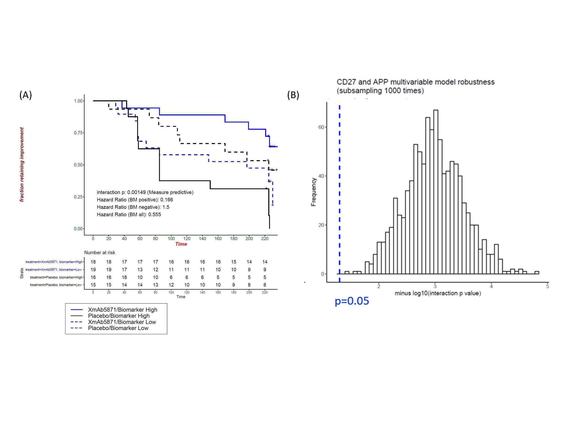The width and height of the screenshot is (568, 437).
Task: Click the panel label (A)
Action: [x=26, y=95]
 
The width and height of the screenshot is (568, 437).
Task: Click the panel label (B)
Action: [x=293, y=95]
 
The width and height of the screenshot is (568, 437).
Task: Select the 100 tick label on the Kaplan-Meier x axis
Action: [x=171, y=239]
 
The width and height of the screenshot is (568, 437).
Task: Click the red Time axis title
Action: [x=181, y=244]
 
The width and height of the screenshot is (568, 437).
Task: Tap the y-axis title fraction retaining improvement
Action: [x=22, y=164]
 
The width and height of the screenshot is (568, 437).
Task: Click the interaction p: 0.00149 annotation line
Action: [x=145, y=192]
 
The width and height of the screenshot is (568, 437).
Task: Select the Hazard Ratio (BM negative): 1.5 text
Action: [x=133, y=207]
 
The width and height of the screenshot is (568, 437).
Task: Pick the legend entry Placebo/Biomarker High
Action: [x=119, y=316]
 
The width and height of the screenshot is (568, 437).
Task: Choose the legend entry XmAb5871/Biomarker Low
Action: [x=122, y=322]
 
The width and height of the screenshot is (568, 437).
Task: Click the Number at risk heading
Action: [x=100, y=253]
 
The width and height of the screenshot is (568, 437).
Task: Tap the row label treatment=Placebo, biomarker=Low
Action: [x=56, y=285]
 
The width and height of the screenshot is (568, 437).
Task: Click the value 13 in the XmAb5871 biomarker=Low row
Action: [x=140, y=270]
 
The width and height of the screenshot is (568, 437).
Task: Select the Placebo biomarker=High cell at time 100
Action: [x=171, y=277]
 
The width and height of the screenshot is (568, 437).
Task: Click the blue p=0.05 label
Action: [x=352, y=301]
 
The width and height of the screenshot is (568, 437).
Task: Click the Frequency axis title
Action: [x=314, y=192]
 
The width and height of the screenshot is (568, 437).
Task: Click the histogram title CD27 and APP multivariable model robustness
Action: [x=415, y=82]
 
